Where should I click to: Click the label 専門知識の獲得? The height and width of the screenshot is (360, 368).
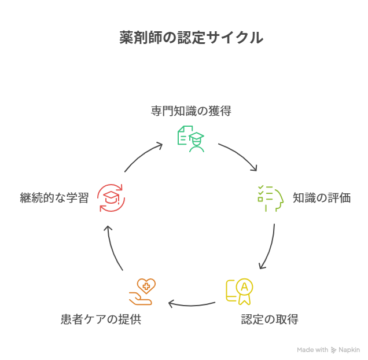(x=191, y=111)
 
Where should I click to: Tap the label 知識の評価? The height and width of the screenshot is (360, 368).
(x=321, y=198)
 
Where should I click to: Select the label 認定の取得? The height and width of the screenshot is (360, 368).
(x=270, y=319)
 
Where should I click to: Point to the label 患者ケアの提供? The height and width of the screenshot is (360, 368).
(x=101, y=319)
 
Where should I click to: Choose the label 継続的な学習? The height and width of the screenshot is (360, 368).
(x=54, y=198)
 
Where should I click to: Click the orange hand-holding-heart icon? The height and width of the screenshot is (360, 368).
(x=141, y=292)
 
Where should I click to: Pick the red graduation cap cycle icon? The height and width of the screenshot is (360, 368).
(x=111, y=198)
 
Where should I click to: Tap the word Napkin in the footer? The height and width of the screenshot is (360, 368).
(x=349, y=350)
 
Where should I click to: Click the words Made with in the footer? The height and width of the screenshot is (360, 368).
(x=312, y=350)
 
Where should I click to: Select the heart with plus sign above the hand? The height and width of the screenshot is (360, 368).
(x=145, y=285)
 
